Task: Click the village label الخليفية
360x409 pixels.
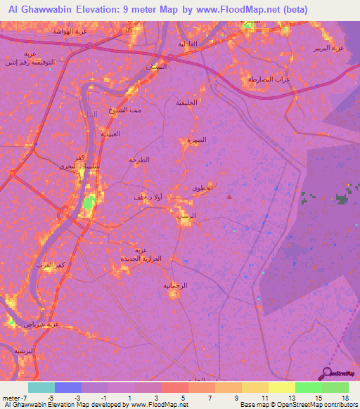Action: click(x=184, y=103)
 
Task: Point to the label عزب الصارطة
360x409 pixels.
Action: click(x=269, y=79)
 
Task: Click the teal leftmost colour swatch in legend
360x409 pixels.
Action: click(x=41, y=387)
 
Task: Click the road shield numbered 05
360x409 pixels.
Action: click(x=127, y=32)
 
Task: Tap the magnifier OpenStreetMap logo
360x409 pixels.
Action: click(x=328, y=373)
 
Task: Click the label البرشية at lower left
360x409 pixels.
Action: click(x=24, y=350)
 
